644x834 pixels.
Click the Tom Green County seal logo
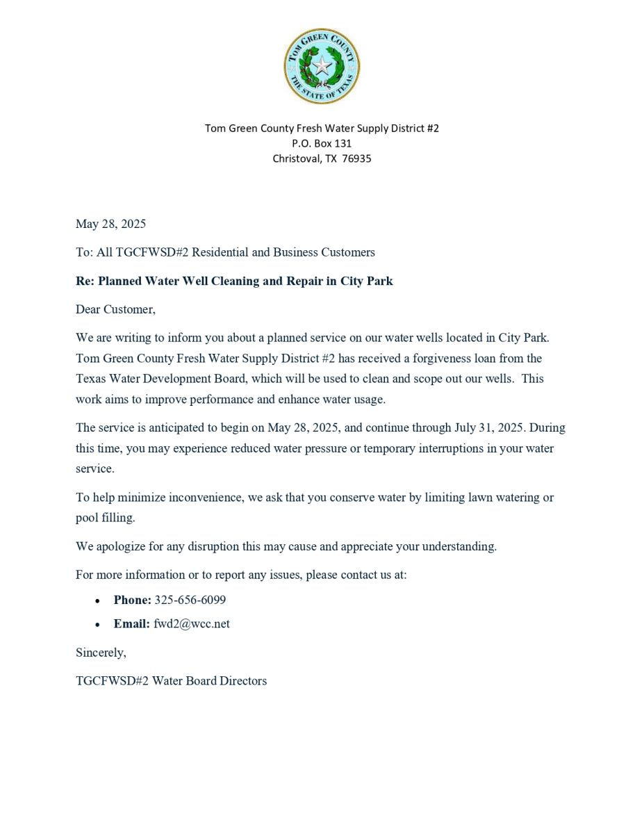[322, 67]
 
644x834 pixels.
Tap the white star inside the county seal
[322, 67]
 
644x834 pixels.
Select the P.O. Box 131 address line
[322, 143]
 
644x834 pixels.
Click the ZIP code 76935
[356, 158]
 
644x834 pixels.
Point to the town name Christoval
[297, 158]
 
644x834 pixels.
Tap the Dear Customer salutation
[115, 309]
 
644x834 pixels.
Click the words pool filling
[105, 518]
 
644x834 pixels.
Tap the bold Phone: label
[132, 600]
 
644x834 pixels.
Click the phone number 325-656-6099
[190, 600]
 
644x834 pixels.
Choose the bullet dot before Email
[98, 624]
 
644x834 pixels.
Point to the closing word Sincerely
[101, 653]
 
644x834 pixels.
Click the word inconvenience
[200, 498]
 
